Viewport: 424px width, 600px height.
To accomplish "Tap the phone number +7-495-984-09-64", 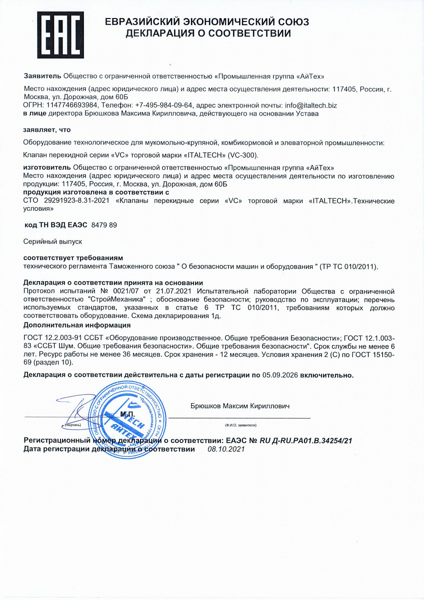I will coord(161,105).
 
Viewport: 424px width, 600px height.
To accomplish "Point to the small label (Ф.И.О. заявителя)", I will coord(240,425).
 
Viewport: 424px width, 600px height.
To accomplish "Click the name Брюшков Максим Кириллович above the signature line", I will coord(240,406).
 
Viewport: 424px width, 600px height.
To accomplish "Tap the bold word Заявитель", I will coord(42,76).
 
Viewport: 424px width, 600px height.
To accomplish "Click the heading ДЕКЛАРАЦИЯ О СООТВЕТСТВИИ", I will coord(207,34).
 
